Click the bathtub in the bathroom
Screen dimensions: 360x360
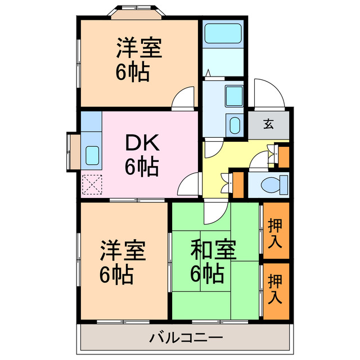(x=223, y=35)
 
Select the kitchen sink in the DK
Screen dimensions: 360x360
(x=92, y=152)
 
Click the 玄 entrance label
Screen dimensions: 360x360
(x=269, y=124)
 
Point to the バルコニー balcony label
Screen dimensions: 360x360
(x=186, y=338)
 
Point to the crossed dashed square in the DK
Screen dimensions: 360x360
(x=91, y=184)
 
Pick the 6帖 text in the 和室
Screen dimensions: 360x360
(x=206, y=274)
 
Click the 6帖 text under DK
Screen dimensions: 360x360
(x=141, y=167)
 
